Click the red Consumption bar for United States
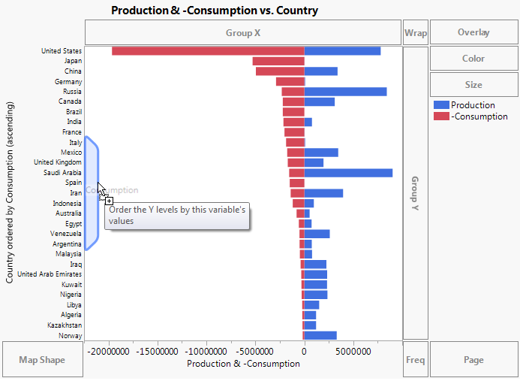pos(208,50)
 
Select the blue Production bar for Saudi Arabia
pos(348,173)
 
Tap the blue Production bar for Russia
pos(345,92)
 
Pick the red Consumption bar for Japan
pos(278,61)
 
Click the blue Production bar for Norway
pos(320,336)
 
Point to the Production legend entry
pos(473,105)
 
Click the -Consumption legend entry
pos(479,116)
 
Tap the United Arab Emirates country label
pos(50,274)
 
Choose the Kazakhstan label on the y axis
pos(64,325)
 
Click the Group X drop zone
pos(243,33)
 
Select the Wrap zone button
pos(415,33)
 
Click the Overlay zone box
pos(473,32)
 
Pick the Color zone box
pos(473,59)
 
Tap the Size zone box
pos(473,85)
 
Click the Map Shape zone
pos(42,360)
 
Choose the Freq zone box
pos(415,360)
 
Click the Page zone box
pos(473,360)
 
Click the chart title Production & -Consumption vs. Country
pos(214,11)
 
